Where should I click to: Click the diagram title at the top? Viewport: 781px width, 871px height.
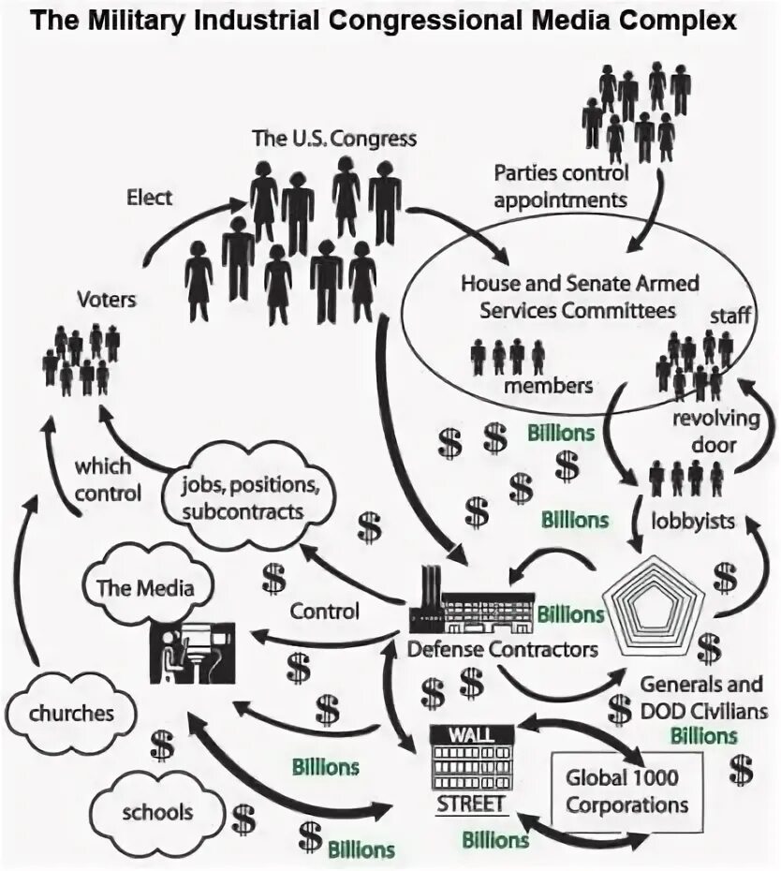tap(385, 22)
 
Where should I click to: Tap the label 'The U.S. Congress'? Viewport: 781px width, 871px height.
tap(334, 138)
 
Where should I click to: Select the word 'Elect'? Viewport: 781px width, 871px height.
tap(150, 199)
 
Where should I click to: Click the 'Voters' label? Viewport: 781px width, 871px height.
tap(108, 301)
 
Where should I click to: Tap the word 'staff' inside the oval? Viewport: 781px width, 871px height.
tap(729, 316)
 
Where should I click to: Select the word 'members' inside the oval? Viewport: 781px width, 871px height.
tap(548, 385)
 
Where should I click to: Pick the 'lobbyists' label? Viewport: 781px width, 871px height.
tap(693, 520)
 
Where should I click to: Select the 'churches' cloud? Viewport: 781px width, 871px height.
tap(70, 713)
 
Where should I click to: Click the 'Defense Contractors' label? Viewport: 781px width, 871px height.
tap(503, 648)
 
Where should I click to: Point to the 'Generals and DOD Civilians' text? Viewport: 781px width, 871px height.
tap(702, 698)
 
